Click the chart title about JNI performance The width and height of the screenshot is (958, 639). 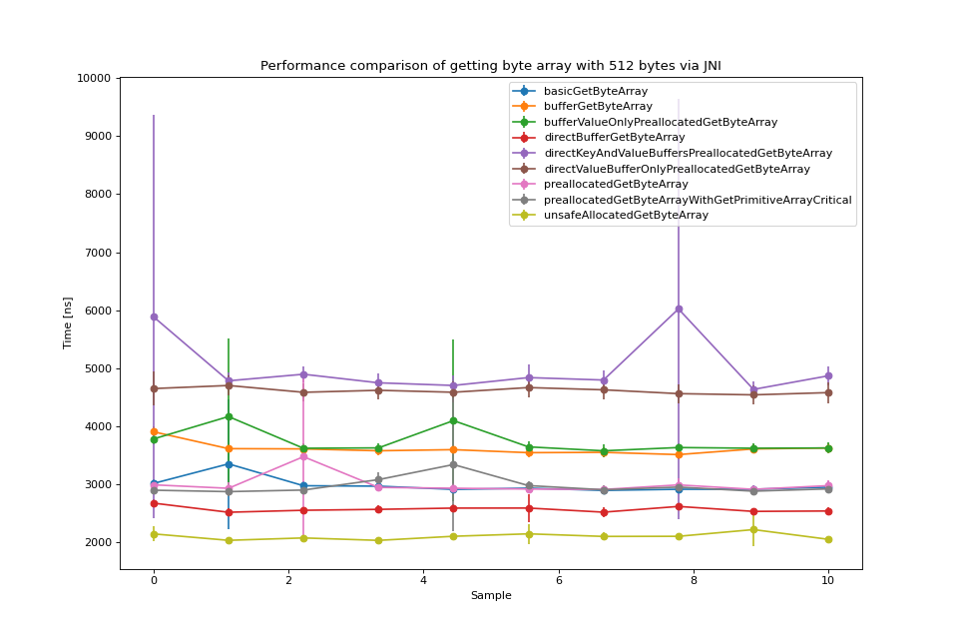pyautogui.click(x=490, y=66)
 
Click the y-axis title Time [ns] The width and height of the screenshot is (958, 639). pyautogui.click(x=68, y=322)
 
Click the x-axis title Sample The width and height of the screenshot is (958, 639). pyautogui.click(x=491, y=596)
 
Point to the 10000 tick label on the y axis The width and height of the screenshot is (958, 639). pyautogui.click(x=93, y=78)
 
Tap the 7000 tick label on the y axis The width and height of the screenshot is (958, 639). pyautogui.click(x=96, y=253)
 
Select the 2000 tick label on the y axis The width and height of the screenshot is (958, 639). pyautogui.click(x=96, y=543)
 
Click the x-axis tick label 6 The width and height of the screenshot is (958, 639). pyautogui.click(x=559, y=580)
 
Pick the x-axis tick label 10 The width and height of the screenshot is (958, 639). pyautogui.click(x=828, y=580)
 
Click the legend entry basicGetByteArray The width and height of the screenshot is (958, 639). pyautogui.click(x=596, y=91)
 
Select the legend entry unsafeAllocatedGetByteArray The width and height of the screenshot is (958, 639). pyautogui.click(x=626, y=215)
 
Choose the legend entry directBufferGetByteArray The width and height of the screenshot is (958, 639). pyautogui.click(x=614, y=137)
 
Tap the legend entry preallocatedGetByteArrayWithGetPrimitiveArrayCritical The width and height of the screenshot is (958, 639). pyautogui.click(x=698, y=200)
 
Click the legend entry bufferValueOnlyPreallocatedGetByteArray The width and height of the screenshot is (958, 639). pyautogui.click(x=661, y=122)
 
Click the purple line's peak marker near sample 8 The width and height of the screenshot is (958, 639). pyautogui.click(x=679, y=310)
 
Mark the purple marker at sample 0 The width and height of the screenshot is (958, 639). pyautogui.click(x=154, y=317)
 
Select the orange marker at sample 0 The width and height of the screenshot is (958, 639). pyautogui.click(x=154, y=431)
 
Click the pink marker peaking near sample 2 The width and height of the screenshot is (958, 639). pyautogui.click(x=303, y=456)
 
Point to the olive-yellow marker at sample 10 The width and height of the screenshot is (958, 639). pyautogui.click(x=828, y=540)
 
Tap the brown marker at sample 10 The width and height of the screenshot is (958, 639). pyautogui.click(x=828, y=392)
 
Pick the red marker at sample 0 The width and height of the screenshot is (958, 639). pyautogui.click(x=154, y=503)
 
